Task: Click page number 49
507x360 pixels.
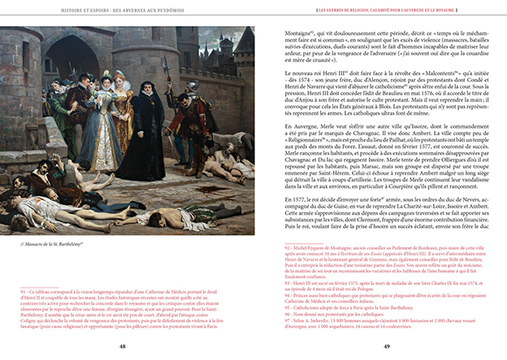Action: tap(388, 346)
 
